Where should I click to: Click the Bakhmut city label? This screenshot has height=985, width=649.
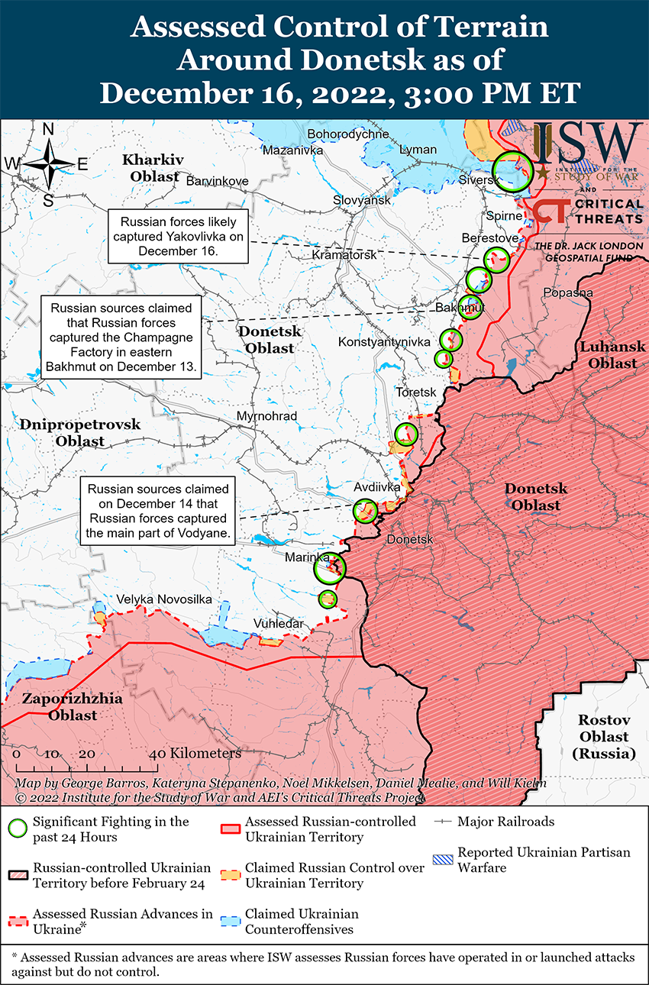tap(460, 308)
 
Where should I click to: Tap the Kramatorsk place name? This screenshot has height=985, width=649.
tap(344, 254)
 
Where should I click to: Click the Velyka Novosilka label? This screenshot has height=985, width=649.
tap(163, 599)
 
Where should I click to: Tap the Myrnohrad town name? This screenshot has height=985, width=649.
tap(266, 416)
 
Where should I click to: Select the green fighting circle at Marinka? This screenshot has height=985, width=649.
tap(331, 567)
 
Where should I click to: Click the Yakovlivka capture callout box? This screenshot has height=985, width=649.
tap(178, 236)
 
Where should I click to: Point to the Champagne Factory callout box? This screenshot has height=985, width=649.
tap(122, 337)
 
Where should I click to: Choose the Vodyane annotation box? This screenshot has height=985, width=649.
tap(157, 512)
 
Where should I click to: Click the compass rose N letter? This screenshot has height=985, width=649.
tap(47, 130)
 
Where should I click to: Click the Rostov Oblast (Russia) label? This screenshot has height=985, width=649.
tap(602, 736)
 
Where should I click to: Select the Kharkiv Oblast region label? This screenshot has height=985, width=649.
tap(153, 168)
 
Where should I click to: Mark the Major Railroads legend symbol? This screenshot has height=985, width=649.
tap(444, 822)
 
